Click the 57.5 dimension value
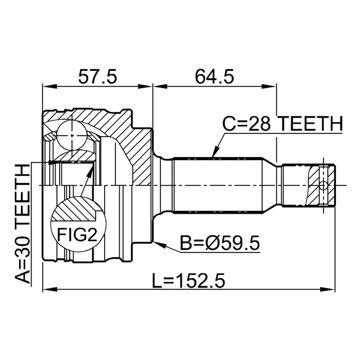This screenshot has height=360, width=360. [x=97, y=76]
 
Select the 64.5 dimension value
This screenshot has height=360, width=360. [x=214, y=76]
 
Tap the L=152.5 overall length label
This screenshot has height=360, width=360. [x=189, y=281]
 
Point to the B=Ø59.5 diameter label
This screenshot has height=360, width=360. [x=220, y=243]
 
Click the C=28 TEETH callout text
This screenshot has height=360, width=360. [x=282, y=124]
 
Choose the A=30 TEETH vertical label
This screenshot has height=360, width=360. [x=22, y=224]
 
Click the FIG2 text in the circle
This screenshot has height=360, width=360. [x=77, y=234]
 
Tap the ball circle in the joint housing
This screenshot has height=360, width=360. [x=72, y=136]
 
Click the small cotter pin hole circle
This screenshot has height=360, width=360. [x=323, y=185]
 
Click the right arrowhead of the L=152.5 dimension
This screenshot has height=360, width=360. [x=328, y=289]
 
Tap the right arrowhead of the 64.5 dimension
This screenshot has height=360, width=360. [x=270, y=87]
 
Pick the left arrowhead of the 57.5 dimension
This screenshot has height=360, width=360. [x=49, y=87]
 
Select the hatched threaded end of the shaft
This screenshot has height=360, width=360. [x=321, y=185]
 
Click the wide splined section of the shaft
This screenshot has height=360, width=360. [x=218, y=185]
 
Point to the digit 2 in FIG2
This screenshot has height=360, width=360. [x=92, y=234]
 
